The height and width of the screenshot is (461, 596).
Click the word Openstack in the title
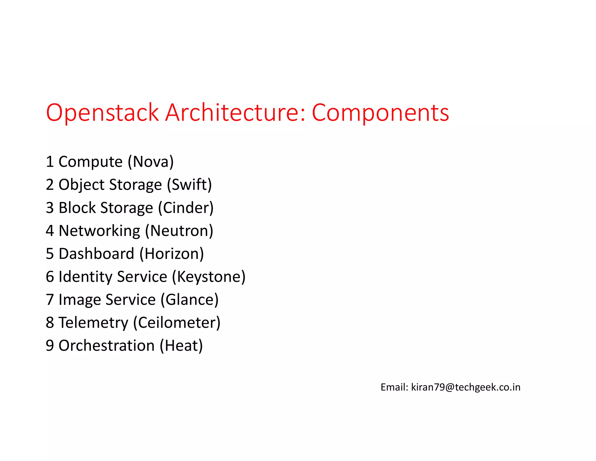click(102, 113)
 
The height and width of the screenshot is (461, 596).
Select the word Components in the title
click(380, 113)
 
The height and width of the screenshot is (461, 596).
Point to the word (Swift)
click(189, 185)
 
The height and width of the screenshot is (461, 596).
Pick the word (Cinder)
click(186, 208)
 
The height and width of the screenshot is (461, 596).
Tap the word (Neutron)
click(179, 231)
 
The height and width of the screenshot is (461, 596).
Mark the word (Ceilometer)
click(177, 323)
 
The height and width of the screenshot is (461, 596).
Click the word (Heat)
click(181, 346)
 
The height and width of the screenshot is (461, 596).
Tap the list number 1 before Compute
click(50, 162)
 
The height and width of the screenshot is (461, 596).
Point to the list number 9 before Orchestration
click(50, 346)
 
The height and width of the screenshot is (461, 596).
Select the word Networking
click(100, 231)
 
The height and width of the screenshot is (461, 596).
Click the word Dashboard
click(96, 254)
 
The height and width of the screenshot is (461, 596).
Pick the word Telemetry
click(93, 323)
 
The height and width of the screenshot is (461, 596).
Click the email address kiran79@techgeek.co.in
click(466, 387)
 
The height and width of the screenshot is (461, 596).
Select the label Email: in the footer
click(394, 387)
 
